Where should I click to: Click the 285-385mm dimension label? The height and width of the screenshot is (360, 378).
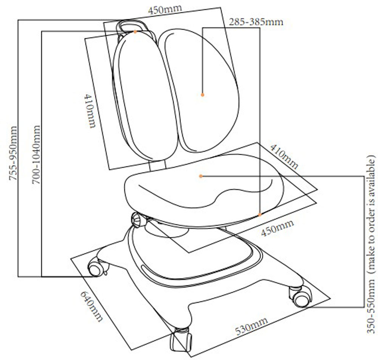(256, 22)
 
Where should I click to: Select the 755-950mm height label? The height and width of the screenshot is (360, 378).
(13, 154)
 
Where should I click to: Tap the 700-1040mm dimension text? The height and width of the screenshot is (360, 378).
(36, 155)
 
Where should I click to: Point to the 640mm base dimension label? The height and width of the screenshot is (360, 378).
(91, 306)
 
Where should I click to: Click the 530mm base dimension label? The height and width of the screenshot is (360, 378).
(251, 326)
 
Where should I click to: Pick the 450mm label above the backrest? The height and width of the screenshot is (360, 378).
(165, 10)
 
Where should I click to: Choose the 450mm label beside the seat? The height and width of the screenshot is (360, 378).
(277, 228)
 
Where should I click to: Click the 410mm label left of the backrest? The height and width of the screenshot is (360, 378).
(90, 111)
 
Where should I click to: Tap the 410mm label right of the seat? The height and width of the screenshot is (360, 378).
(284, 157)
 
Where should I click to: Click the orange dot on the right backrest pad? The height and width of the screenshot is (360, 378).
(203, 95)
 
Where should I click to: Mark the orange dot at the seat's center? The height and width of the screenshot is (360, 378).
(201, 176)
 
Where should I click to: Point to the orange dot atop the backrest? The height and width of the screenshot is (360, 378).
(135, 32)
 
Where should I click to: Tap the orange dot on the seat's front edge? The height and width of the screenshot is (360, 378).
(260, 215)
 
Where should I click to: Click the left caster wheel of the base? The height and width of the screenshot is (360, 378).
(96, 269)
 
